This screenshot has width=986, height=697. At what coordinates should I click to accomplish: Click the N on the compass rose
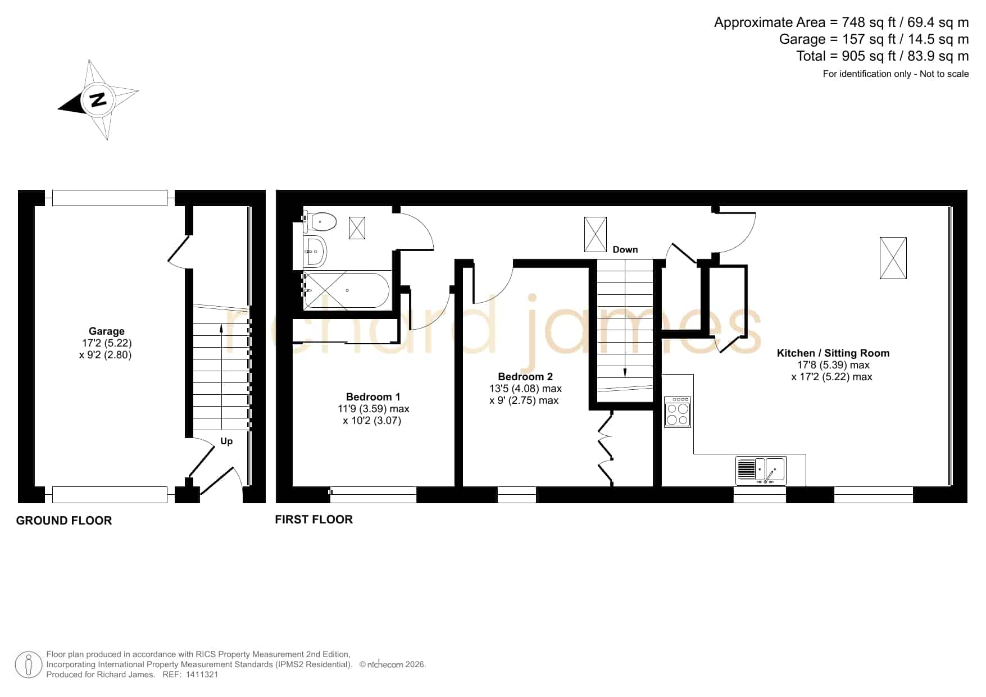pyautogui.click(x=98, y=100)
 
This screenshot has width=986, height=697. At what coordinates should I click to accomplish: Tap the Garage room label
pyautogui.click(x=107, y=331)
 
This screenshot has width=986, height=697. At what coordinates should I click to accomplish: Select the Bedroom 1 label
pyautogui.click(x=373, y=397)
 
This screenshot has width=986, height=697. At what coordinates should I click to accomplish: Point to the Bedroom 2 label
pyautogui.click(x=525, y=377)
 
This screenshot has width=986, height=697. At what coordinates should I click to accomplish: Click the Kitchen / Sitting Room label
pyautogui.click(x=833, y=353)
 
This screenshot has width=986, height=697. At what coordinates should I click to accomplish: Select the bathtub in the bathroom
pyautogui.click(x=346, y=290)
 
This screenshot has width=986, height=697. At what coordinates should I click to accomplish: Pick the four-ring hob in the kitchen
pyautogui.click(x=677, y=412)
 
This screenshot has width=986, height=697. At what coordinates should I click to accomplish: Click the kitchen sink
pyautogui.click(x=761, y=471)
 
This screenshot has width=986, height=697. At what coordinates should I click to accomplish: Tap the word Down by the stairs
pyautogui.click(x=625, y=249)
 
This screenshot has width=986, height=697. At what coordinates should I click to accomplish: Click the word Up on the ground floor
pyautogui.click(x=226, y=441)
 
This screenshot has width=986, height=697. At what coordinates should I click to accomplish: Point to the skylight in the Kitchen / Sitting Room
pyautogui.click(x=893, y=258)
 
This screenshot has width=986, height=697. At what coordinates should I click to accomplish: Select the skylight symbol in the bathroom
pyautogui.click(x=357, y=227)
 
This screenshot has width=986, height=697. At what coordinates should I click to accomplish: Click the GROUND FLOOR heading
pyautogui.click(x=64, y=521)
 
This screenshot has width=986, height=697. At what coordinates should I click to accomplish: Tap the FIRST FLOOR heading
pyautogui.click(x=314, y=520)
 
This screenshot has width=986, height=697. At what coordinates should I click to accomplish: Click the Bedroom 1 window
pyautogui.click(x=373, y=495)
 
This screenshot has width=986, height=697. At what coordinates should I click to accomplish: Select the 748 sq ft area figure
pyautogui.click(x=869, y=22)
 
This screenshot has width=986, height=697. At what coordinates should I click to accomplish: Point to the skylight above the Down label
pyautogui.click(x=596, y=234)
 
